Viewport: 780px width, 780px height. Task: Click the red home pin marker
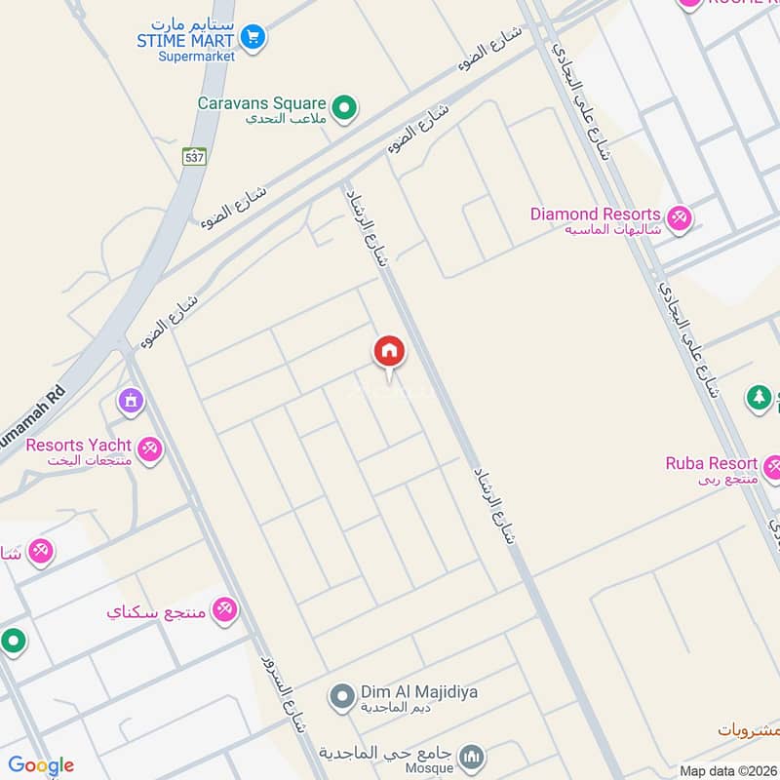point(389,352)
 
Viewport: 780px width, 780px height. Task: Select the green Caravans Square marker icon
point(343,108)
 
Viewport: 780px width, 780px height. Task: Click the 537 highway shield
point(194,155)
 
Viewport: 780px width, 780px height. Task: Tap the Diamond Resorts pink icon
point(680,217)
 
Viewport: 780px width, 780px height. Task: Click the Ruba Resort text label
point(711,463)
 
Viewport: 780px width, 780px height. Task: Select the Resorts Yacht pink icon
point(149,448)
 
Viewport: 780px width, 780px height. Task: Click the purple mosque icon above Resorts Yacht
point(130,400)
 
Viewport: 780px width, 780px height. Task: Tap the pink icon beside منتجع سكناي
point(225,609)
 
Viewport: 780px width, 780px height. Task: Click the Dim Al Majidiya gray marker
point(341,696)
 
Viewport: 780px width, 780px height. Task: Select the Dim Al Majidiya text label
point(419,691)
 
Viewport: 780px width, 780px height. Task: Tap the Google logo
point(41,765)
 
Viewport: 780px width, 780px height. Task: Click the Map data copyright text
point(726,770)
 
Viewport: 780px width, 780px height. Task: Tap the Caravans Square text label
point(261,102)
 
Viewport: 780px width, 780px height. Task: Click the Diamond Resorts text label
point(596,214)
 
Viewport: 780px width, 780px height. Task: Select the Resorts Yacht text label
point(79,445)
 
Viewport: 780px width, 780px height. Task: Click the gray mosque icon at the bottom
point(472,757)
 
